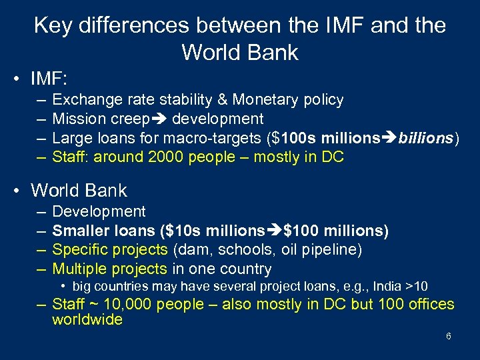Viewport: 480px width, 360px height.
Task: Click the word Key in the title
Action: tap(51, 25)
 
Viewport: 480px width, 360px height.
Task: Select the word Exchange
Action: tap(84, 100)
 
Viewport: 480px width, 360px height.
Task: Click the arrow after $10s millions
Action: tap(275, 231)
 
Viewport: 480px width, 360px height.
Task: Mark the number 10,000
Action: tap(131, 304)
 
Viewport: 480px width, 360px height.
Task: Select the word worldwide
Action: tap(87, 319)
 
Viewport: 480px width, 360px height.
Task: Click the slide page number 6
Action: tap(449, 336)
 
